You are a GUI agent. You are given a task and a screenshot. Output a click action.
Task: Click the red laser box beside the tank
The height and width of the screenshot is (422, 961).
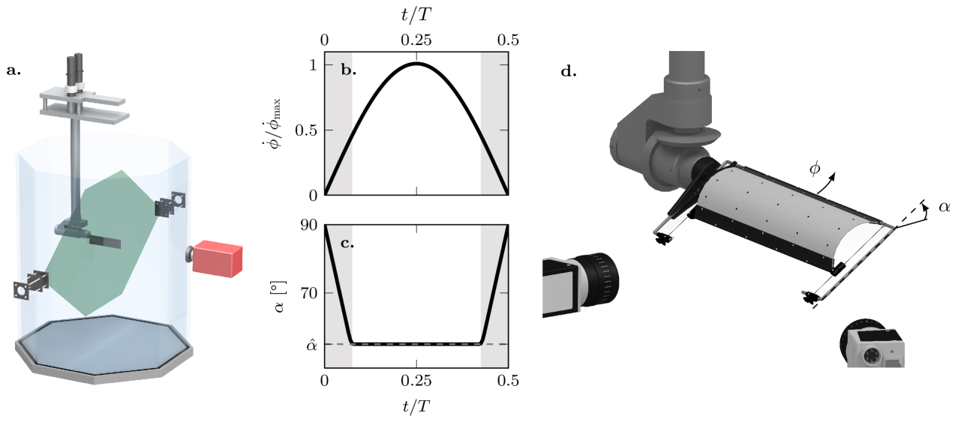point(217,257)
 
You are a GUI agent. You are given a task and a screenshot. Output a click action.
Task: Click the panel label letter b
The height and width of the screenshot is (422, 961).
point(346,71)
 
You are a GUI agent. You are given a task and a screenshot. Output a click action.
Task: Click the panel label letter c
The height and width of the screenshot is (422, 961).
point(346,244)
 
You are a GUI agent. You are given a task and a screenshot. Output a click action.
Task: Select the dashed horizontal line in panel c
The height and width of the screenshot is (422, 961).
point(416,344)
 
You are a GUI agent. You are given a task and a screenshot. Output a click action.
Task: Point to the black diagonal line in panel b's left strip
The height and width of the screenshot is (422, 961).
point(339,163)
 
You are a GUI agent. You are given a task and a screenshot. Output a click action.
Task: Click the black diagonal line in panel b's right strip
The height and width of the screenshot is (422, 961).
point(494,163)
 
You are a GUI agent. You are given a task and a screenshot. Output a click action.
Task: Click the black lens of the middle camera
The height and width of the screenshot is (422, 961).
point(602,279)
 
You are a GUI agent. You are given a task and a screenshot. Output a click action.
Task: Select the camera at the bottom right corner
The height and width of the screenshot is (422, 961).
point(872,346)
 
